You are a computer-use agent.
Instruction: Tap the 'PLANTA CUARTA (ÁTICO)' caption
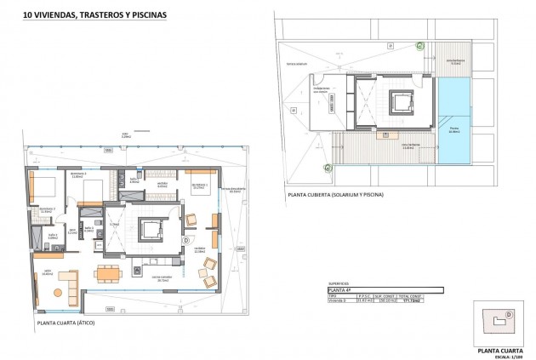tap(71, 324)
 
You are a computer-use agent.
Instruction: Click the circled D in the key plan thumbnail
tap(508, 314)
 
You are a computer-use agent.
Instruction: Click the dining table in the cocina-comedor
tap(108, 273)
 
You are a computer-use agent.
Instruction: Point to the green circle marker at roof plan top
tap(419, 45)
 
